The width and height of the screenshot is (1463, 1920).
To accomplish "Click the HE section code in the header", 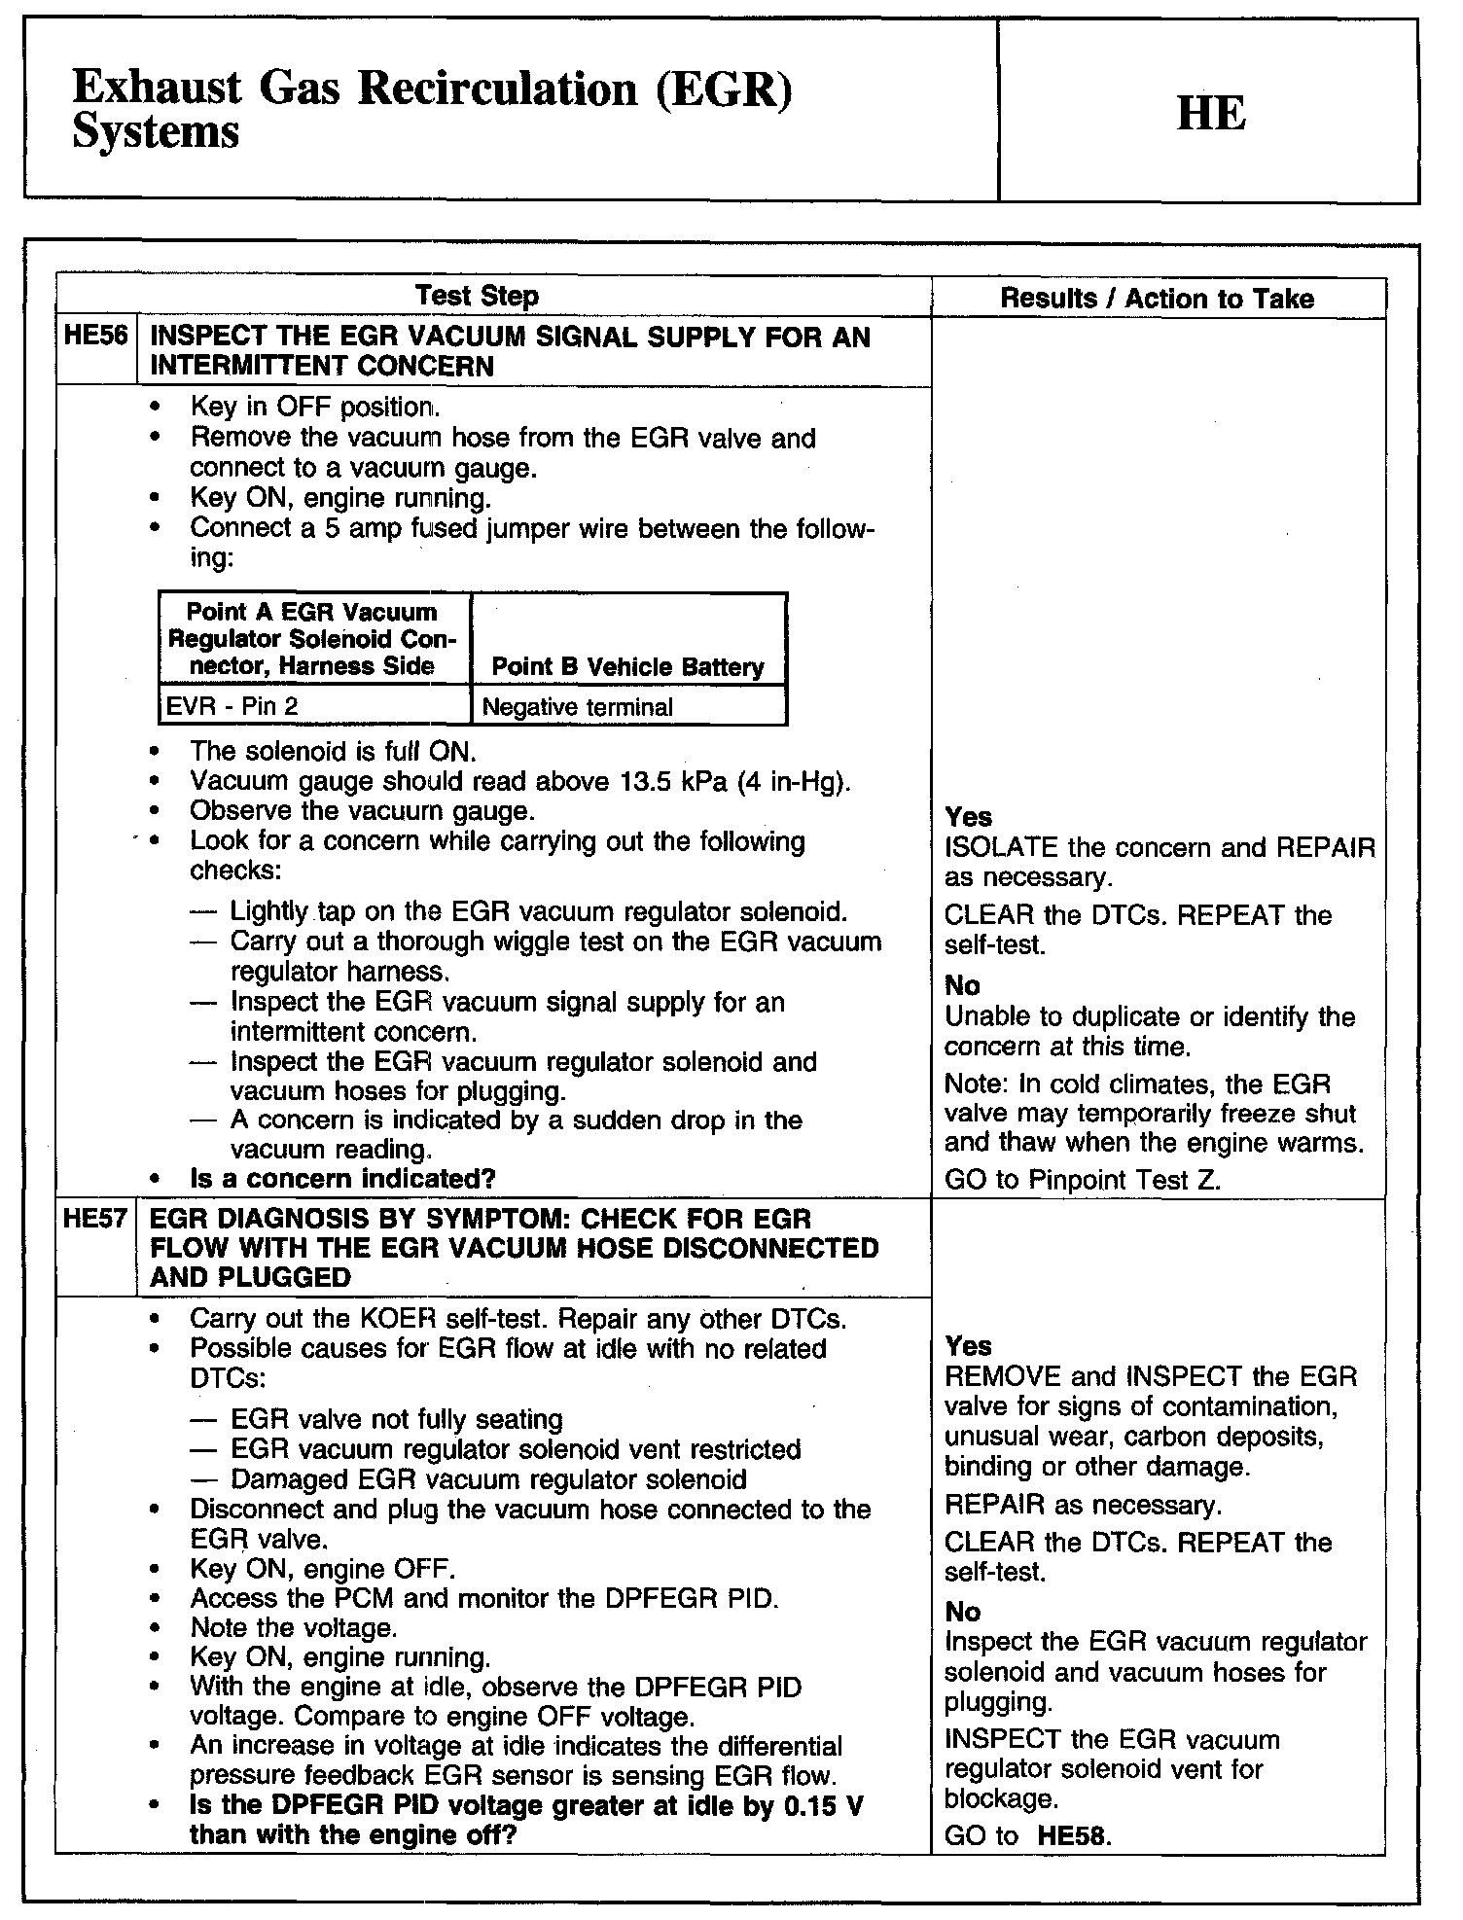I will click(x=1210, y=114).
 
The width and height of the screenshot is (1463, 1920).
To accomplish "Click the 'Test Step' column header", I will click(x=477, y=296).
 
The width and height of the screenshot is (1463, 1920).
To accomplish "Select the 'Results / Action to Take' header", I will click(x=1157, y=299).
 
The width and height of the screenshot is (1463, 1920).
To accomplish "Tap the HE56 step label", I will click(x=95, y=337).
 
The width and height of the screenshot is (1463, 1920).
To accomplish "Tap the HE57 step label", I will click(x=95, y=1219).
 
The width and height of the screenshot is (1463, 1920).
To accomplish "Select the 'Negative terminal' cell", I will click(x=577, y=707).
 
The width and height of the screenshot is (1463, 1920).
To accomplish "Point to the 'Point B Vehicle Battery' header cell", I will click(x=627, y=667).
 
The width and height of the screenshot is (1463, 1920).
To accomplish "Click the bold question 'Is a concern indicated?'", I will click(x=342, y=1179).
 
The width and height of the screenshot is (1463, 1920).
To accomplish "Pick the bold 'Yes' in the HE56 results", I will click(x=968, y=817).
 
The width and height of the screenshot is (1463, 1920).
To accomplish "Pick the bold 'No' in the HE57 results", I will click(x=962, y=1612).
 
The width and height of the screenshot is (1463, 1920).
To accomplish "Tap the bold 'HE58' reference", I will click(x=1073, y=1836).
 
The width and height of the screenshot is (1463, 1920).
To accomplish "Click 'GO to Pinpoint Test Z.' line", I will click(x=1083, y=1180).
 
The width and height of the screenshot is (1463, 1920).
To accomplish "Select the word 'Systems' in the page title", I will click(x=156, y=132).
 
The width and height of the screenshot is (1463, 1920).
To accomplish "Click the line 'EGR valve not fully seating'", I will click(x=397, y=1420).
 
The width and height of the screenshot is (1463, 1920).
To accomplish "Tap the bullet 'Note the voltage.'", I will click(x=293, y=1627).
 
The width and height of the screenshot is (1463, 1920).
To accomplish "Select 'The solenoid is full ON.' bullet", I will click(x=333, y=751).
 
